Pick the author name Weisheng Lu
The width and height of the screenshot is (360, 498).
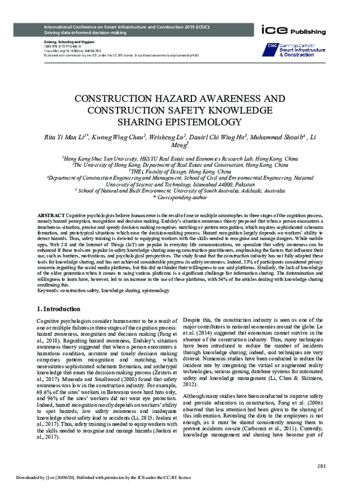(x=167, y=138)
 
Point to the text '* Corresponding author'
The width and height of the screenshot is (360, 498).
(x=180, y=196)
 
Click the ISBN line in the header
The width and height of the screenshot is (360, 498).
(x=59, y=45)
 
